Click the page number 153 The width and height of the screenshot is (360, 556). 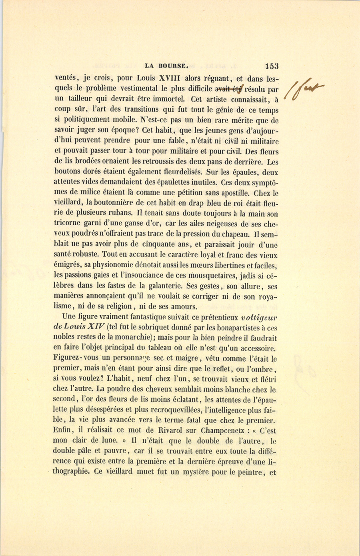(271, 66)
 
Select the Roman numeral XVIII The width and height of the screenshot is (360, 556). (172, 77)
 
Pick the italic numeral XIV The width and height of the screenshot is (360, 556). (96, 328)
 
